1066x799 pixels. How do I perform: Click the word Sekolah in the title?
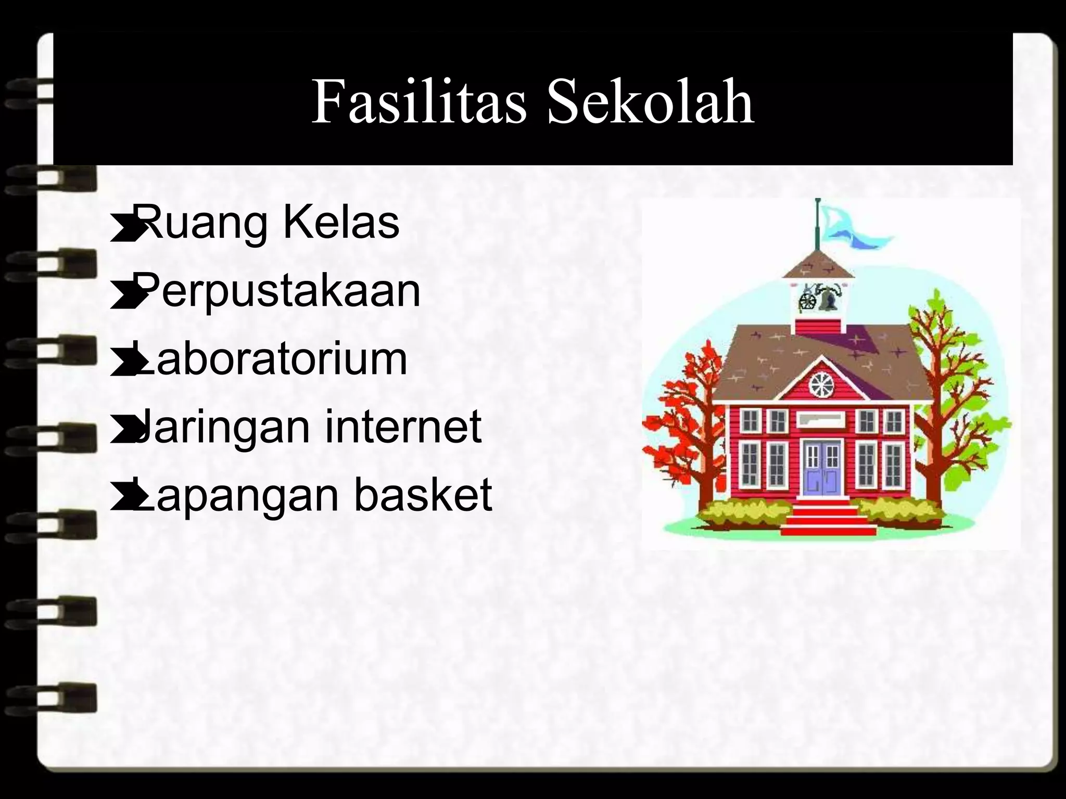[651, 102]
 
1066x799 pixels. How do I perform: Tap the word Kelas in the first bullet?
[341, 223]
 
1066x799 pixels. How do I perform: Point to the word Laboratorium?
[271, 359]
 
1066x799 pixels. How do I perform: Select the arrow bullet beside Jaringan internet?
[122, 432]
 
